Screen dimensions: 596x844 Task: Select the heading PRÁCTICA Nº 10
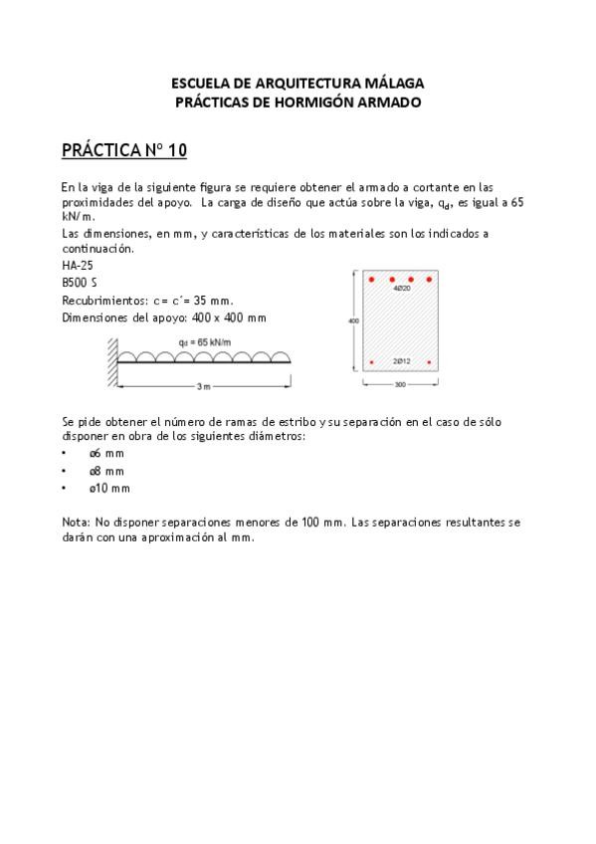click(124, 150)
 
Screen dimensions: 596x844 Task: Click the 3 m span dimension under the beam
click(202, 384)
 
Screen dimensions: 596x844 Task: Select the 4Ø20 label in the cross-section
click(402, 288)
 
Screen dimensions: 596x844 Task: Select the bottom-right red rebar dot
click(429, 362)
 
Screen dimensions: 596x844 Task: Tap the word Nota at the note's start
click(75, 522)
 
